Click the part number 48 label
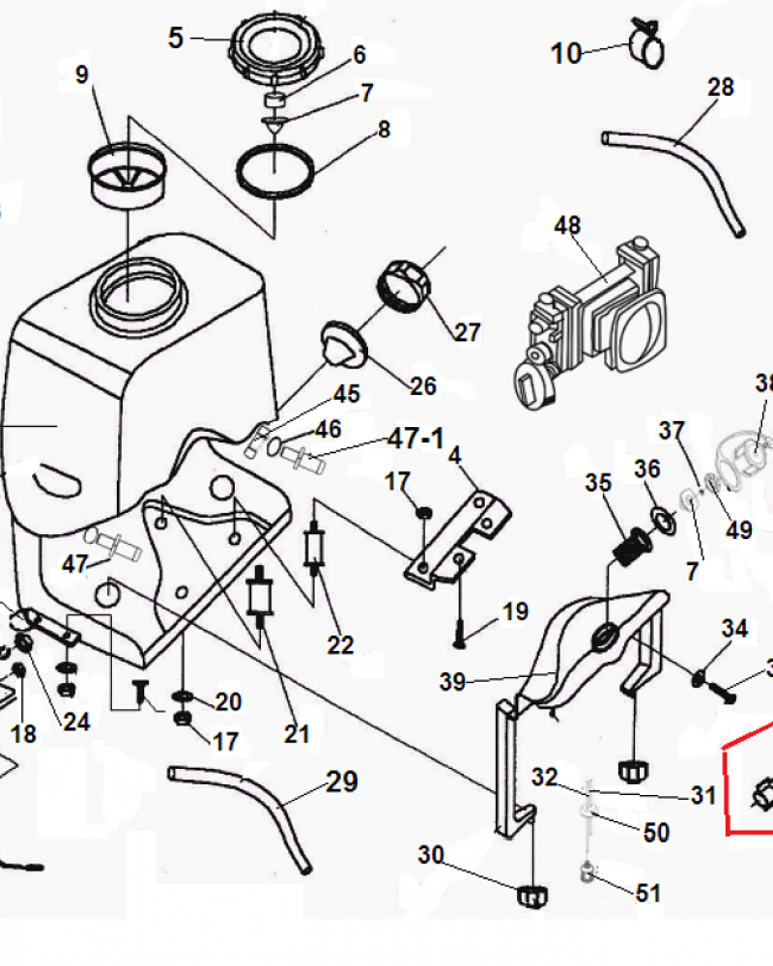567,226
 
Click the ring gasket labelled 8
276,169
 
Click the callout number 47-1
415,439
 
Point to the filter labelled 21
259,597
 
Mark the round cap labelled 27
401,283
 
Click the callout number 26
423,386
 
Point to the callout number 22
340,644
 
